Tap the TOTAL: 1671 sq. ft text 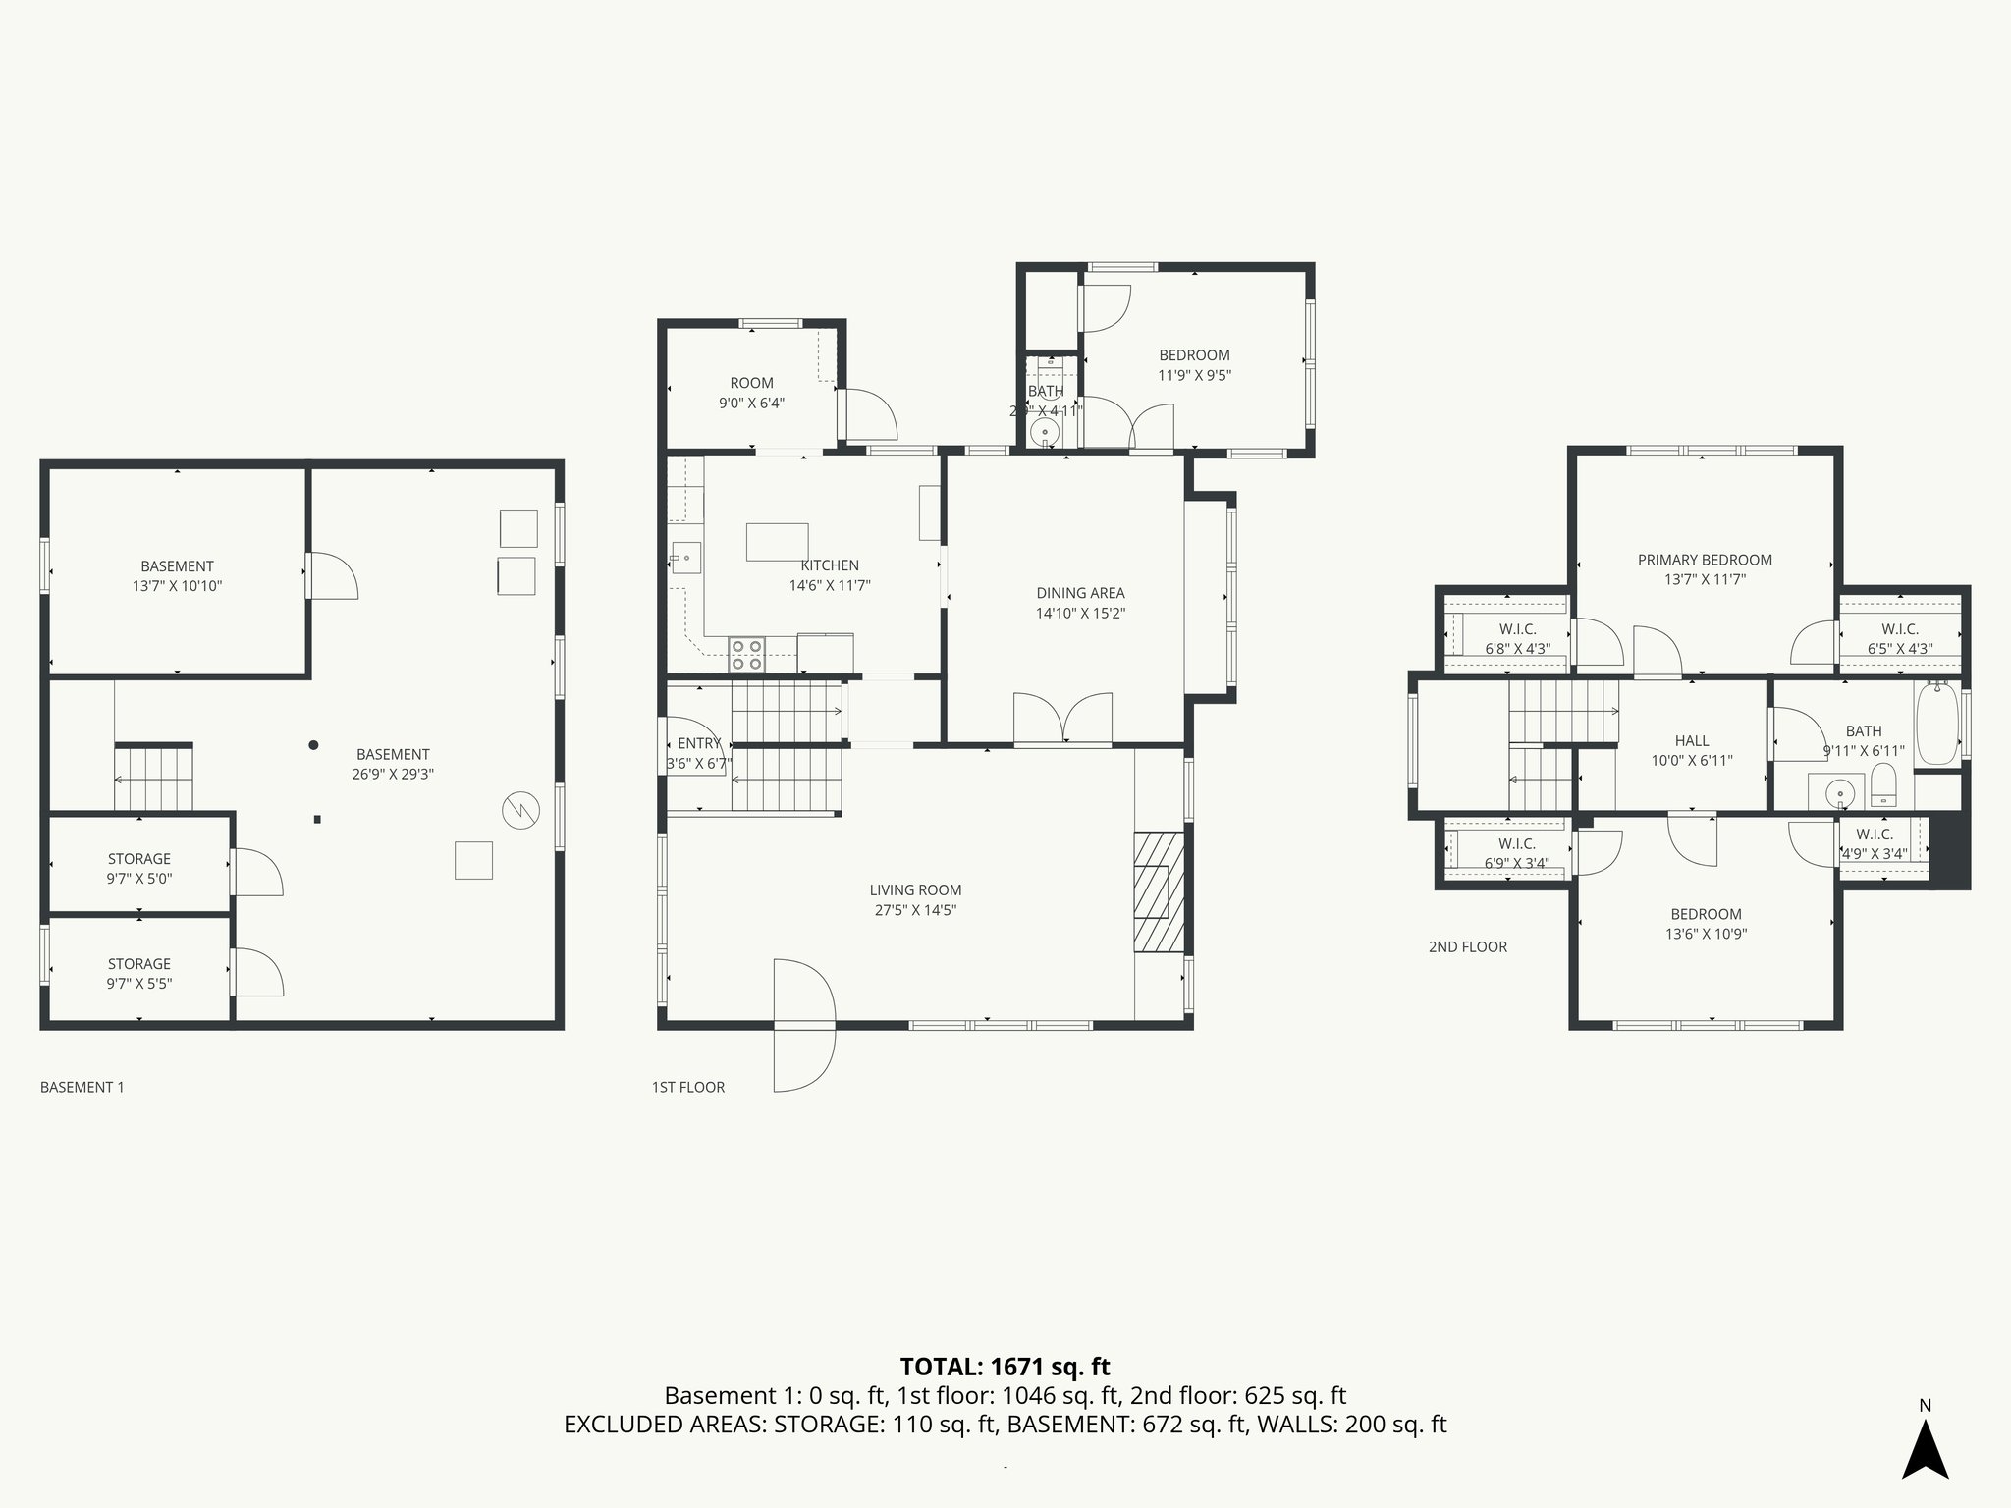(x=1005, y=1366)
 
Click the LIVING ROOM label (x=915, y=890)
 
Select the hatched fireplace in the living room (x=1159, y=891)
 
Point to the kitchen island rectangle (x=777, y=542)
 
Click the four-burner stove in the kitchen (x=746, y=655)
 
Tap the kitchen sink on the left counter (x=685, y=558)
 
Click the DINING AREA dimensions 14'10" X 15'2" (x=1080, y=614)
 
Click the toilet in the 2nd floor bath (x=1883, y=784)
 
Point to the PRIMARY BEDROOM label (x=1705, y=560)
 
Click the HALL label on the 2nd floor (x=1692, y=741)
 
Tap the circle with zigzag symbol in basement (x=520, y=810)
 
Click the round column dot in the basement (x=313, y=745)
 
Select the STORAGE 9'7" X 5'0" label (x=139, y=869)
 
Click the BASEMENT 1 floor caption (x=82, y=1087)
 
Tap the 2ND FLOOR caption (x=1467, y=946)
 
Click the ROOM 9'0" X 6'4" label (x=751, y=393)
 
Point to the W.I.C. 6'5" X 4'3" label (x=1899, y=638)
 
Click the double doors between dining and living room (x=1062, y=720)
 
